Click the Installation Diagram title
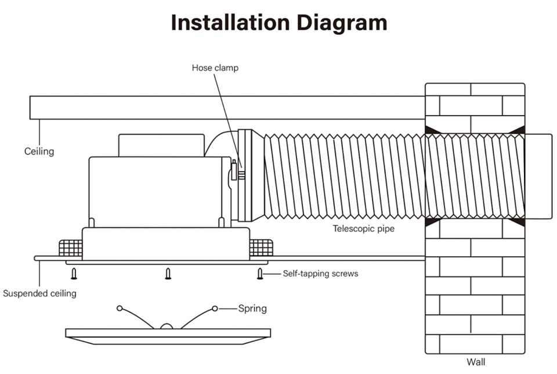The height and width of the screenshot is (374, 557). click(x=278, y=23)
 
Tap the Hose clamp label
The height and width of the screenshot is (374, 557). click(x=215, y=68)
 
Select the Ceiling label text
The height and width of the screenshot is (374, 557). click(x=39, y=152)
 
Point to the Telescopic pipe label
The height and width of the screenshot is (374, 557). click(x=363, y=229)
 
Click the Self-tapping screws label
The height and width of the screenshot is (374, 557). click(x=320, y=274)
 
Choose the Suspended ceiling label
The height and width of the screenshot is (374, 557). click(x=39, y=293)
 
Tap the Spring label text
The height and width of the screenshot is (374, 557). click(x=252, y=308)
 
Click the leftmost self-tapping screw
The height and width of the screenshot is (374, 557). click(x=74, y=274)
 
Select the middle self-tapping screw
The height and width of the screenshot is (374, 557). click(x=168, y=274)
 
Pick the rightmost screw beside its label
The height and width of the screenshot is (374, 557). click(x=261, y=274)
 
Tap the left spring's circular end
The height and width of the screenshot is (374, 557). click(x=120, y=308)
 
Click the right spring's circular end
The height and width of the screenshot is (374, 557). click(x=215, y=308)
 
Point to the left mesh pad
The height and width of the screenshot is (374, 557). click(x=70, y=249)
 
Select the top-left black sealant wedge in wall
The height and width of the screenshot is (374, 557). click(x=432, y=130)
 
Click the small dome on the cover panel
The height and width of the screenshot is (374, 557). click(x=167, y=326)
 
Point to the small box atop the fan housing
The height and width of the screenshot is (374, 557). click(x=161, y=146)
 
